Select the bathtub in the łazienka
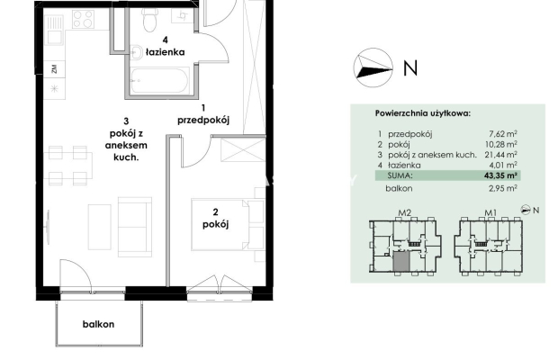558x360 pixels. [x=158, y=81]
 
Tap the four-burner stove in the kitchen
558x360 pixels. [x=84, y=19]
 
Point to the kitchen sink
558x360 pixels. [x=55, y=30]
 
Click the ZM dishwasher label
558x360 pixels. [x=54, y=68]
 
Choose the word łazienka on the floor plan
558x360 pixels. [x=166, y=52]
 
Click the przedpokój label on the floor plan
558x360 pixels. [x=203, y=121]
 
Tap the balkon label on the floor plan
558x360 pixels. [x=99, y=324]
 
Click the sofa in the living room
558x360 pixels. [x=135, y=227]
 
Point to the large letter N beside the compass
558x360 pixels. [x=410, y=67]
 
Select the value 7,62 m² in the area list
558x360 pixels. [x=503, y=134]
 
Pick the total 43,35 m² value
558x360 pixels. [x=500, y=175]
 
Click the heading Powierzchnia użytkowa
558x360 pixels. [x=423, y=113]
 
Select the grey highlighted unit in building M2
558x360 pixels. [x=401, y=262]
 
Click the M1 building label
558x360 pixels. [x=490, y=213]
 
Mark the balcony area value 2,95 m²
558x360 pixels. [x=503, y=188]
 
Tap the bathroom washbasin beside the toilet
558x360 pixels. [x=136, y=52]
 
